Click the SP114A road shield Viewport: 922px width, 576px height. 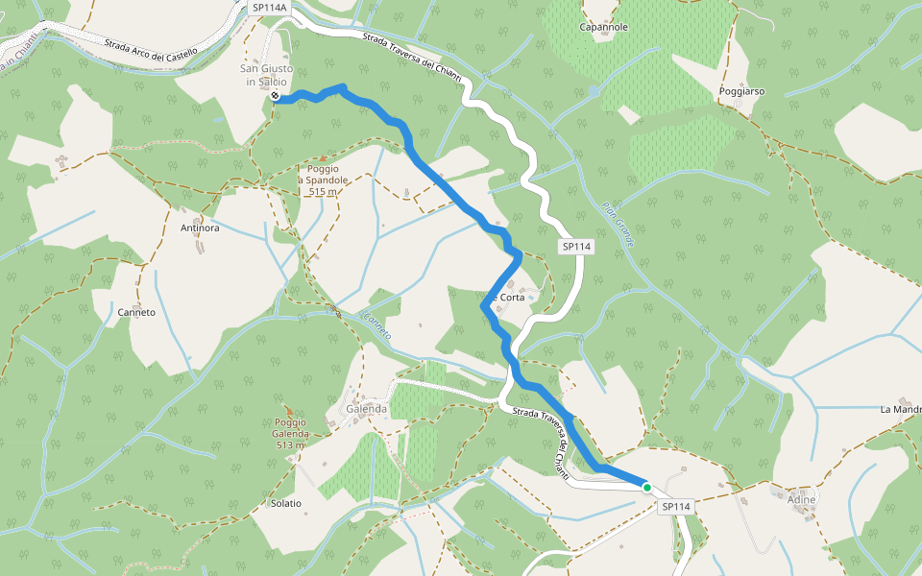[269, 7]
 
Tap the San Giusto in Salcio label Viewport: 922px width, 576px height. [264, 75]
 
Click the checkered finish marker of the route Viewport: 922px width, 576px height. [276, 96]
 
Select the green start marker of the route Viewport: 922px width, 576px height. [647, 488]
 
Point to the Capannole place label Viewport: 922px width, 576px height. [603, 27]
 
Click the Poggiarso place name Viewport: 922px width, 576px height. [741, 91]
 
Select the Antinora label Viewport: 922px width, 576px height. [200, 228]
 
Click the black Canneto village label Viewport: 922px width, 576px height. [136, 312]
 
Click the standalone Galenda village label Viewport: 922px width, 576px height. [366, 408]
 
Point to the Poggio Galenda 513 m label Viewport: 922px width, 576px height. [290, 433]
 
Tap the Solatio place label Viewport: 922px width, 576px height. [285, 503]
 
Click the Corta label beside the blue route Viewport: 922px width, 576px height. [510, 298]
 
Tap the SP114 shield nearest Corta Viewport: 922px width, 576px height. [576, 247]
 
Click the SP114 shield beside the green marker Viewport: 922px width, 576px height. [676, 506]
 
